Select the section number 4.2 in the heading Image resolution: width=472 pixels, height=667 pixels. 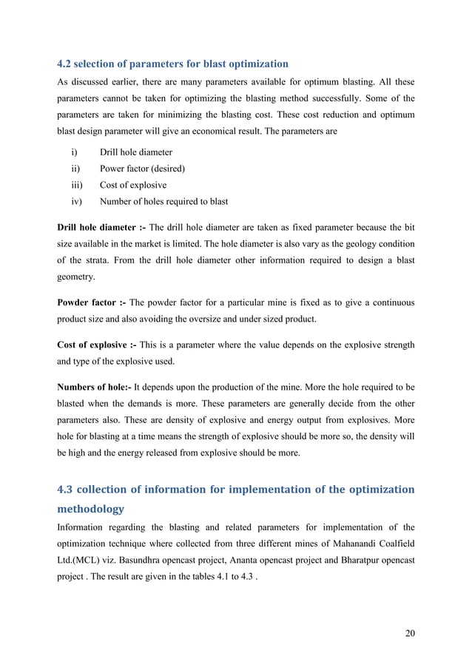point(65,64)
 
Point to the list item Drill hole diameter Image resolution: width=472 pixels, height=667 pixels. point(135,152)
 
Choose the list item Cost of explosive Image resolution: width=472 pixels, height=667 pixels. point(133,185)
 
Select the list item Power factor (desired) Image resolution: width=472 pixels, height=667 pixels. point(142,169)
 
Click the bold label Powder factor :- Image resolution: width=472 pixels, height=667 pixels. point(92,303)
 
